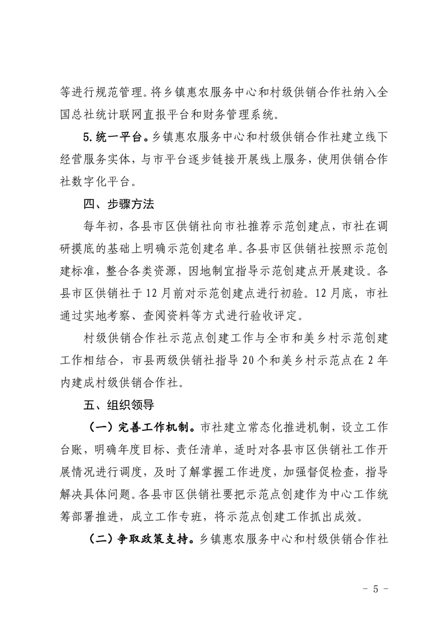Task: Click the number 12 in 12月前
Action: [x=173, y=293]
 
